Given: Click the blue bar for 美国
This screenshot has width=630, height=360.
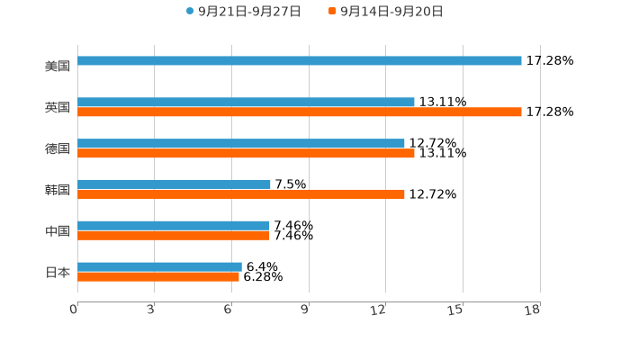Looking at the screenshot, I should [300, 61].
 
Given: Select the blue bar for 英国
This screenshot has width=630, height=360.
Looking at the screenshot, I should [246, 103].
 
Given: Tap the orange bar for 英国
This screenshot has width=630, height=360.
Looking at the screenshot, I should [300, 112].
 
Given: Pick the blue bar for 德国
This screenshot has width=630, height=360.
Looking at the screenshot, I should [241, 144].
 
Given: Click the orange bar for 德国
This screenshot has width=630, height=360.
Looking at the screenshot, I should [246, 154].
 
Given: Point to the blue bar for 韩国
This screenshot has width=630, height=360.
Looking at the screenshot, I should [174, 184].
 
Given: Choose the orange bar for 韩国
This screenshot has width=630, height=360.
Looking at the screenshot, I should [241, 194].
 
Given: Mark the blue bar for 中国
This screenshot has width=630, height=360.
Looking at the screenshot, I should [174, 226].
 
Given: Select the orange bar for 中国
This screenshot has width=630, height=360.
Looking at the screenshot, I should [174, 236].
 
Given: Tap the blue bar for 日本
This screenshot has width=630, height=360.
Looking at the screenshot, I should [159, 267].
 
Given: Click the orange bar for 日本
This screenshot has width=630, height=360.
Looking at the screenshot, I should [158, 277].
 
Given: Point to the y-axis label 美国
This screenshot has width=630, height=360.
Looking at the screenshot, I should [58, 66].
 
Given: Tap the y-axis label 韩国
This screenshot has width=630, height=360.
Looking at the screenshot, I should [58, 190].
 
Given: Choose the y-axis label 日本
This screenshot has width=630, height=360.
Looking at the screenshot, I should [58, 272].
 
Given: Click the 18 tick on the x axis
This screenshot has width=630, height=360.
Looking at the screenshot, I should [533, 310].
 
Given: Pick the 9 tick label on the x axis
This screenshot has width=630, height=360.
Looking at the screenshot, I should [305, 310].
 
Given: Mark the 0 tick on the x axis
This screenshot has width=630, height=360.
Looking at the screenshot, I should [75, 310].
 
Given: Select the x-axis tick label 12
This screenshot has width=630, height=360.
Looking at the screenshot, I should [379, 310].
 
